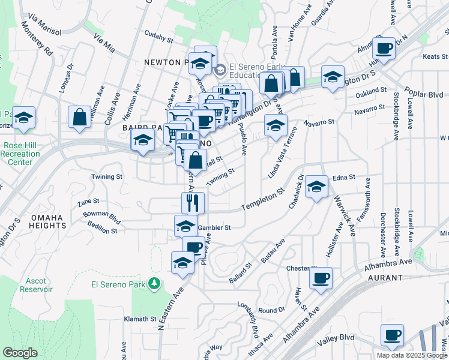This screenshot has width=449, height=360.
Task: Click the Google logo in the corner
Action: tap(20, 353)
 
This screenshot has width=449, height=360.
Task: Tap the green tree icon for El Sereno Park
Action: tap(155, 283)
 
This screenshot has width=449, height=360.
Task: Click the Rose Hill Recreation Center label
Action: tap(22, 154)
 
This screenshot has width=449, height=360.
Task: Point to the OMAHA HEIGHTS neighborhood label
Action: tap(46, 221)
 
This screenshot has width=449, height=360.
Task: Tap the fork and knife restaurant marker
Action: tap(193, 203)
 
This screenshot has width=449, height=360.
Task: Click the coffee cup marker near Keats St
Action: tap(384, 47)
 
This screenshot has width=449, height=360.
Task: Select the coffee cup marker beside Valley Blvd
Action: tap(392, 335)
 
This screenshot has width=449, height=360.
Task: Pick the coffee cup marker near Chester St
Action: tap(321, 278)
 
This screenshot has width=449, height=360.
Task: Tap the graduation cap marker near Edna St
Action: tap(316, 186)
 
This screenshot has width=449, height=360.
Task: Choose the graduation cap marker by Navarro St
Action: tap(275, 125)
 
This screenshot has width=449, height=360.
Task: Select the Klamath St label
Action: tap(140, 319)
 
